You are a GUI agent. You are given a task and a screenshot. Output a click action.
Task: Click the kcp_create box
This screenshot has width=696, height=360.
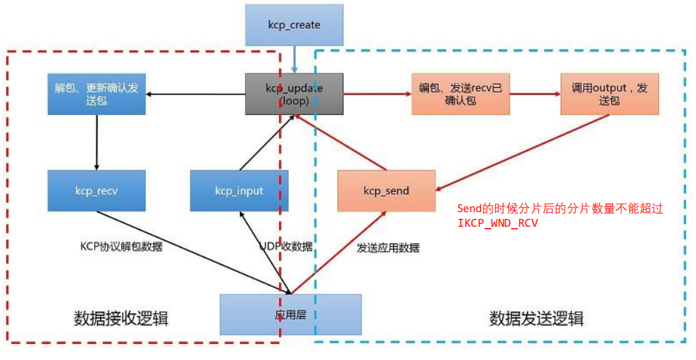pos(294,25)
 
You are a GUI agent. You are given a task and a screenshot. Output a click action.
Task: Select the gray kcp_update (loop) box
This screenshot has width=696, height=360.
pos(294,93)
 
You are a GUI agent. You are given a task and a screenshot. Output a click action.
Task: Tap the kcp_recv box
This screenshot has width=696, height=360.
pos(97,190)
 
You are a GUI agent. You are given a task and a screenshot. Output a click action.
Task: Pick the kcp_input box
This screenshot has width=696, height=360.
pos(239,190)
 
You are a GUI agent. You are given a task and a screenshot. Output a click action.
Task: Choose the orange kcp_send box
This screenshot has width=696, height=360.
pos(386,190)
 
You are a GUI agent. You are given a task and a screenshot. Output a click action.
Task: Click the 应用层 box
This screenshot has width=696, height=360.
pos(291,314)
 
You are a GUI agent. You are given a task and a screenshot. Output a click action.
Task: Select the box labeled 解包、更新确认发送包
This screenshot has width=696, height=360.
pos(97,94)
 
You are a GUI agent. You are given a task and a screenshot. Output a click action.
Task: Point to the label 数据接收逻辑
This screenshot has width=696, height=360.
pos(121,318)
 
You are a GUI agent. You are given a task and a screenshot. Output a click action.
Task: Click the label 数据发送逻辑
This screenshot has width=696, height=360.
pos(536,318)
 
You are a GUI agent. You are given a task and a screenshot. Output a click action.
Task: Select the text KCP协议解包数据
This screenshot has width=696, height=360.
pos(121,246)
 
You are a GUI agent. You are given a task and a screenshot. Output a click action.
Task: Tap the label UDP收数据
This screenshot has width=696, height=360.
pos(286,246)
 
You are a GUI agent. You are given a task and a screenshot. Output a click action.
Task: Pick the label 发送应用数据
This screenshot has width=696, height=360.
pos(388,247)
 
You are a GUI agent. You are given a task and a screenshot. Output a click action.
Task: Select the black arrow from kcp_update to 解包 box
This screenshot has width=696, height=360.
pos(195,93)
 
